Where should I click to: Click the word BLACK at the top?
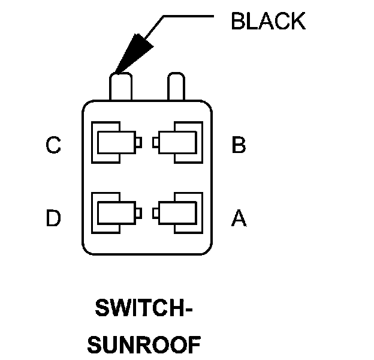268,22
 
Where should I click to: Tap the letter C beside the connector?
53,145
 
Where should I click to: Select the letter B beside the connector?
239,145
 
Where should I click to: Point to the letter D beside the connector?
53,218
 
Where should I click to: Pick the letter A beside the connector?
239,218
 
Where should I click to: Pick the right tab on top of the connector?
176,86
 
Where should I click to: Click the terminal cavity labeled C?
115,143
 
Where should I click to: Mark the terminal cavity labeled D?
115,212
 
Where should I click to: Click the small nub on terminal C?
138,143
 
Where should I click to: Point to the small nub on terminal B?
155,143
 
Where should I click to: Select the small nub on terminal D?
138,212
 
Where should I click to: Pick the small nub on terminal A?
155,212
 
